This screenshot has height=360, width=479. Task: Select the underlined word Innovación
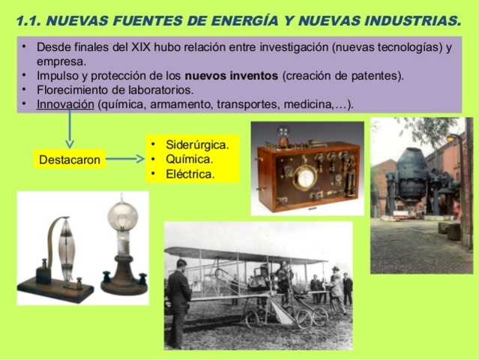coord(65,103)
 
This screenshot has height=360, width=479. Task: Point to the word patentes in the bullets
coord(377,75)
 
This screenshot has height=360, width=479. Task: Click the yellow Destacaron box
coord(69,159)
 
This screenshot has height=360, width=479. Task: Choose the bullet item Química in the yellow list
coord(190,159)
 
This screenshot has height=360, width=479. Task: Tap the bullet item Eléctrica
coord(190,174)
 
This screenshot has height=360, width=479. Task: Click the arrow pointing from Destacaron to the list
coord(124,158)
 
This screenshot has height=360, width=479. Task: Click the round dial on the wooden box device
coord(305,178)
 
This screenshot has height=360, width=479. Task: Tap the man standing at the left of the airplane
coord(178,300)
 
